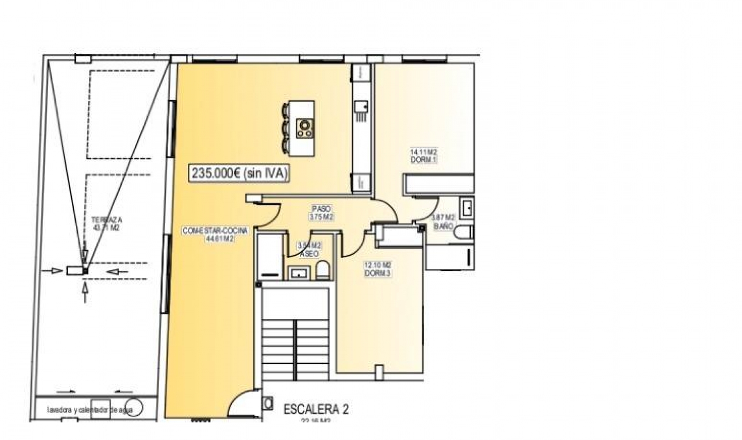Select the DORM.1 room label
pos(424,160)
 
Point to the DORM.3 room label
pos(378,273)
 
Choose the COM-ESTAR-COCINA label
pos(215,231)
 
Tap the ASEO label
pos(309,254)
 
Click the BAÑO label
pos(443,227)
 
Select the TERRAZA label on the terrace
pos(107,220)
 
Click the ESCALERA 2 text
pos(316,410)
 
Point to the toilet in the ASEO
pos(323,270)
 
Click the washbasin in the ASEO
pos(299,273)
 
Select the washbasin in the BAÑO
pos(467,208)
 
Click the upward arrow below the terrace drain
pos(85,292)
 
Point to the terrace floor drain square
pos(85,271)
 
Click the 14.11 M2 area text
pos(424,152)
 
